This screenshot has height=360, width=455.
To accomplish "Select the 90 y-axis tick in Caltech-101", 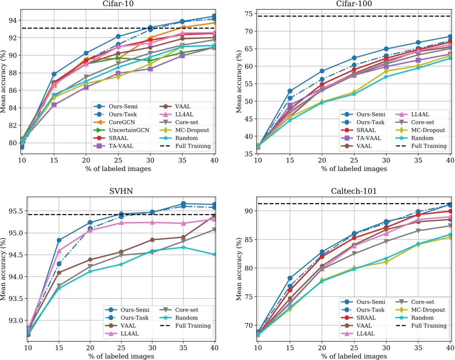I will [250, 211].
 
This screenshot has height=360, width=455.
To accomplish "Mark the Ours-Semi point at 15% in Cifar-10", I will [54, 74].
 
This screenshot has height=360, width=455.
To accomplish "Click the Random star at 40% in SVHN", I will [214, 254].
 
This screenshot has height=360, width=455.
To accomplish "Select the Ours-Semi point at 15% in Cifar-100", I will [290, 91].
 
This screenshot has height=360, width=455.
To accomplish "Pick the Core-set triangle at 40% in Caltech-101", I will [450, 226].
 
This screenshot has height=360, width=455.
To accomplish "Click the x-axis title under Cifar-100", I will [353, 169].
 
